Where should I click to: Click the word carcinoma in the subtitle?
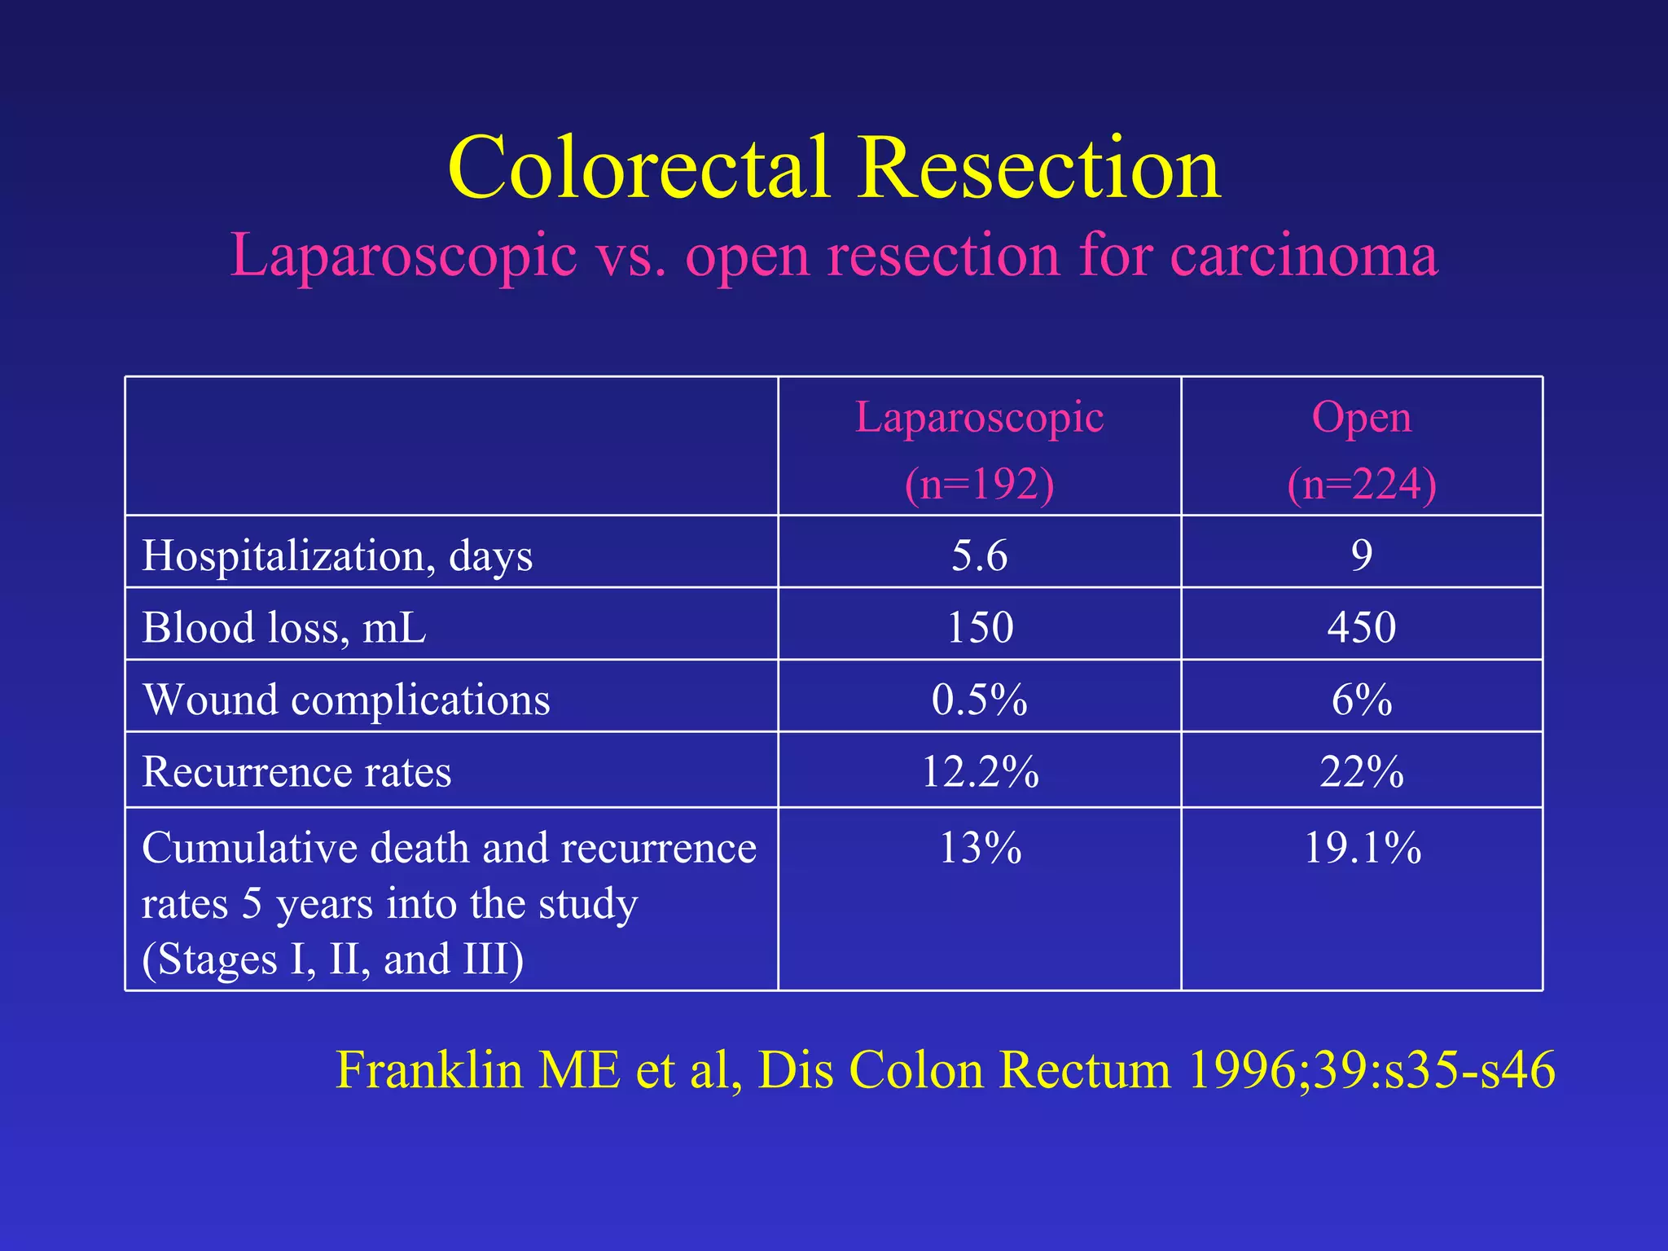1304,256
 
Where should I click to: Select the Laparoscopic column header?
979,418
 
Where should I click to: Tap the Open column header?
1361,418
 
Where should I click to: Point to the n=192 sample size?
979,484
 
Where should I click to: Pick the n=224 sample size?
1361,484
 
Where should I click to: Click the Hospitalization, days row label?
337,556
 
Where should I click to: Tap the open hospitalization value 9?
1361,555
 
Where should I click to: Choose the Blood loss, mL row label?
283,628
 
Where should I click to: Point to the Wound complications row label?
346,700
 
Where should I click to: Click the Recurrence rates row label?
296,771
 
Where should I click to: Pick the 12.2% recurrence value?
979,771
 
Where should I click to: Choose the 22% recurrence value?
1361,771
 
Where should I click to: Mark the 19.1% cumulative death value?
1362,848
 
